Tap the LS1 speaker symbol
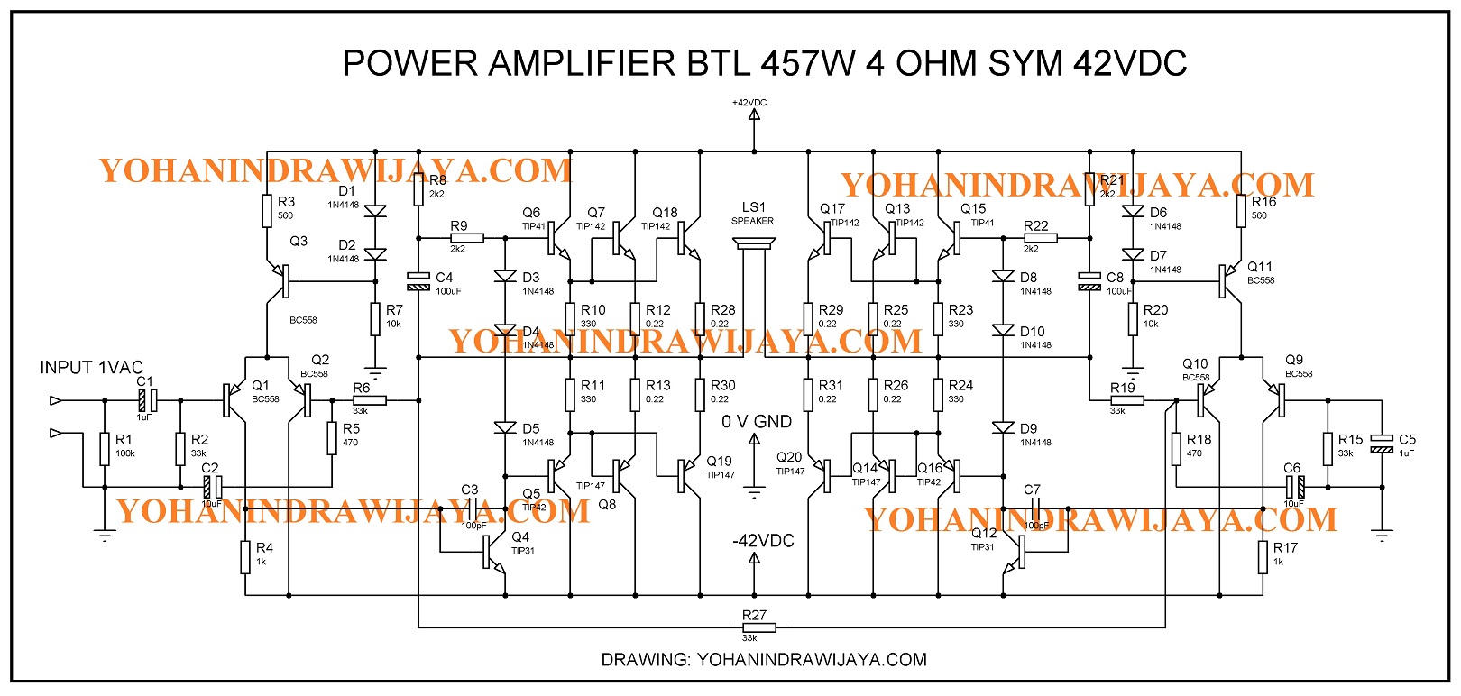coord(754,245)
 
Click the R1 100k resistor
coord(106,447)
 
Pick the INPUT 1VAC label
coord(91,368)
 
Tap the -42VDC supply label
coord(763,541)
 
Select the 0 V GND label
coord(757,422)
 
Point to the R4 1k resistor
coord(245,556)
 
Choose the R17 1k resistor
coord(1263,556)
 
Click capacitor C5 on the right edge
coord(1381,443)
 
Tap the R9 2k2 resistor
coord(466,238)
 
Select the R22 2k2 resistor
coord(1041,238)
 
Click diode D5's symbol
coord(505,427)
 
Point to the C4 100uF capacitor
coord(418,281)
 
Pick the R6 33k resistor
coord(369,399)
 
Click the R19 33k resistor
coord(1126,399)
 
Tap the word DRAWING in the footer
coord(645,660)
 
